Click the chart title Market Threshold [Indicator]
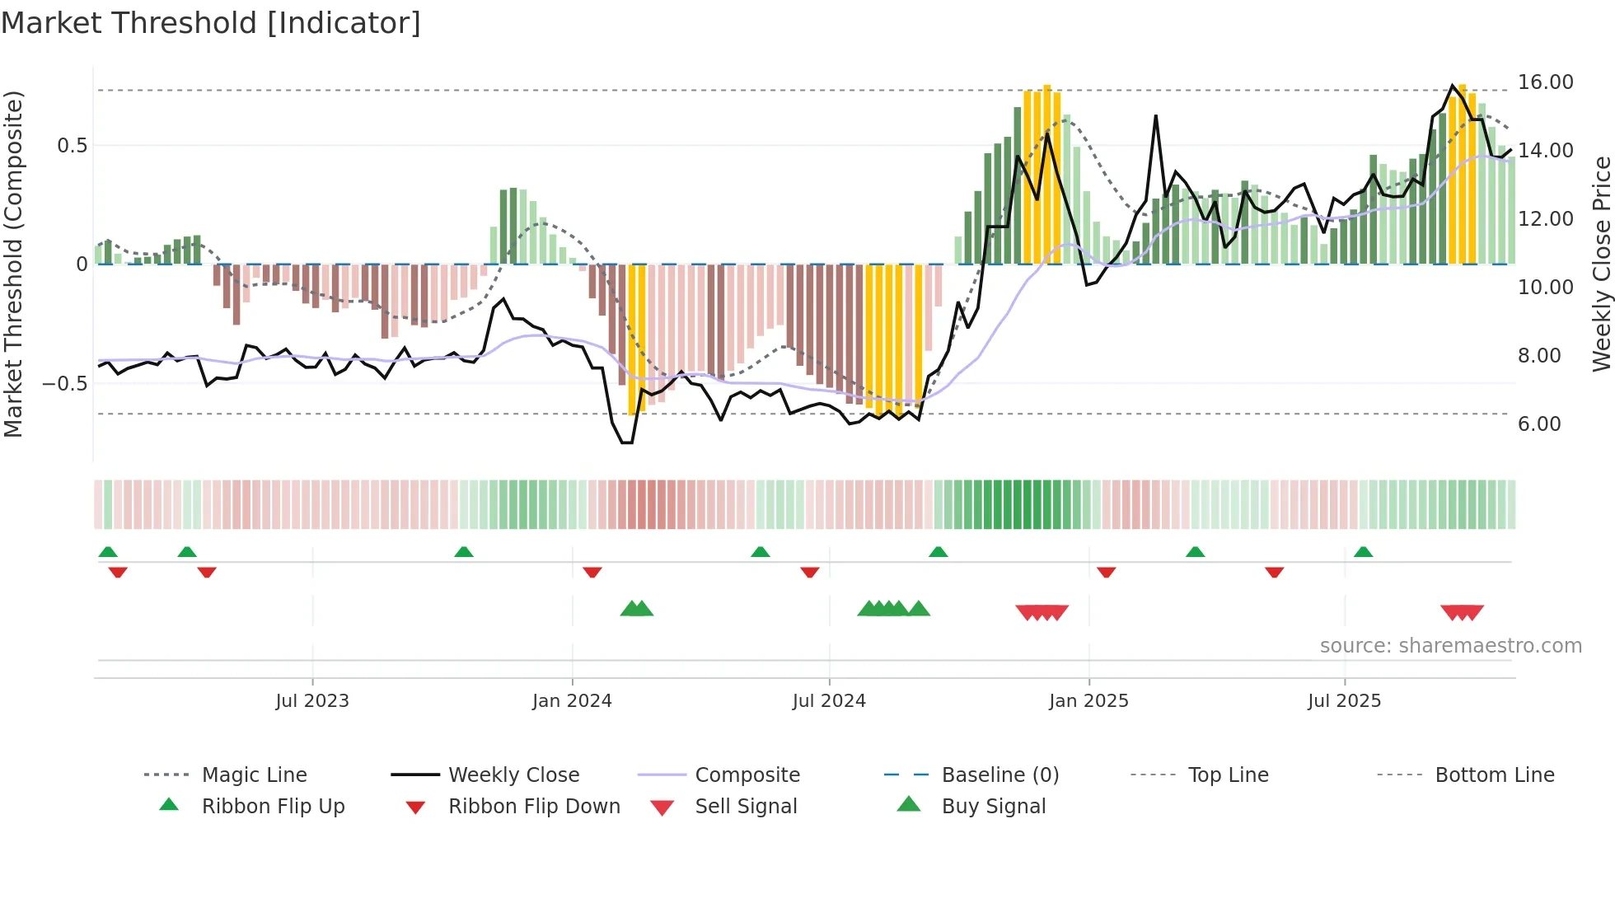click(x=211, y=23)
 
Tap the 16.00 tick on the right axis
click(x=1545, y=82)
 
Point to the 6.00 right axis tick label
click(x=1539, y=424)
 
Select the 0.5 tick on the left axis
click(x=72, y=146)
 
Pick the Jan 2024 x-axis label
click(x=572, y=701)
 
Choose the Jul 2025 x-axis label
click(x=1344, y=701)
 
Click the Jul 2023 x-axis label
click(x=312, y=701)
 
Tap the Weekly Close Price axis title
click(x=1601, y=264)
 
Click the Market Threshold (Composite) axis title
click(x=13, y=264)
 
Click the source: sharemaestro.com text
click(x=1450, y=646)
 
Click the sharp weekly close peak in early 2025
click(x=1156, y=116)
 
